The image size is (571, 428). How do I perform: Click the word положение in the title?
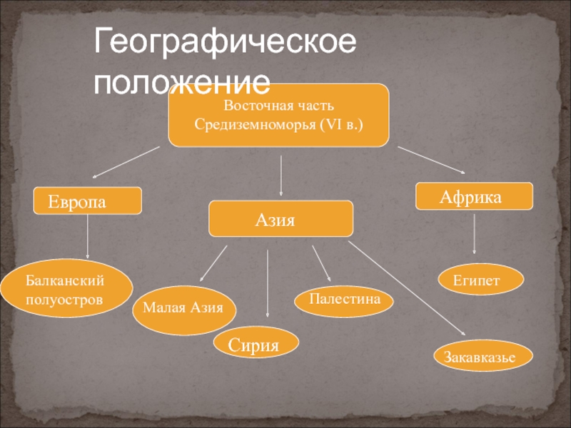183,83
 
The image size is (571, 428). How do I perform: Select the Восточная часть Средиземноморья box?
278,115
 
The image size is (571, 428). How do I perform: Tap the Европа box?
89,201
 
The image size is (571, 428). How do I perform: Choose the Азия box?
280,218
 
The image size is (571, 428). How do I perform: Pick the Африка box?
474,195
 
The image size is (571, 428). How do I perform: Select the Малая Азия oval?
183,309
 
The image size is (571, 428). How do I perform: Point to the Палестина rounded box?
344,300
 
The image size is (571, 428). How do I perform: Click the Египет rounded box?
480,279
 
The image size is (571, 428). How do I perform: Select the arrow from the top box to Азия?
281,175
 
